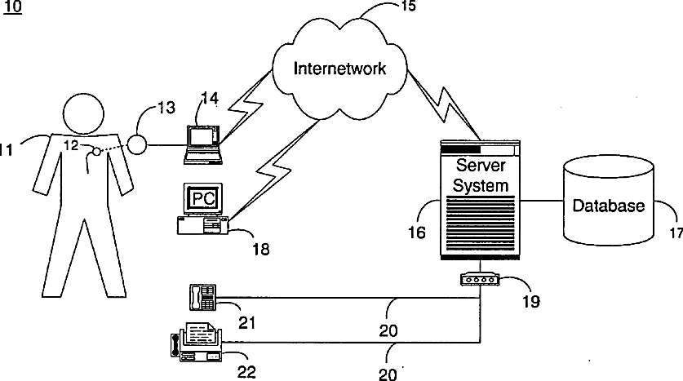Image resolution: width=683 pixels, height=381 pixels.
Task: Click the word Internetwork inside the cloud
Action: point(339,69)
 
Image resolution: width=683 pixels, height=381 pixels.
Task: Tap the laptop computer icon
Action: point(203,144)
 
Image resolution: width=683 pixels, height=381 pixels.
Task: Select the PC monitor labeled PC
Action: point(203,199)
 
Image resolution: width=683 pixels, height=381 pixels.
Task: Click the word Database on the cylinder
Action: point(608,206)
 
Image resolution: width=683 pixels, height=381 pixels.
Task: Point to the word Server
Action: point(481,165)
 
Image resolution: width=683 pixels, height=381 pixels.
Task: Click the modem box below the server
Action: point(480,279)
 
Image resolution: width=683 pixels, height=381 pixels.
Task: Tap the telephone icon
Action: point(203,297)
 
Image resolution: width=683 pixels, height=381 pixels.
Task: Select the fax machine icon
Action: point(197,342)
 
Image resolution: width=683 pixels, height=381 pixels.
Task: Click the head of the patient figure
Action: point(83,113)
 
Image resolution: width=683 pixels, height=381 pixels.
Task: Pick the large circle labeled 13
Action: point(138,144)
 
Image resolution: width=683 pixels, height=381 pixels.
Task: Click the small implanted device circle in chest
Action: point(96,151)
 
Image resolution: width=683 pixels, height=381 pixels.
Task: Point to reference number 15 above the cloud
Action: point(408,6)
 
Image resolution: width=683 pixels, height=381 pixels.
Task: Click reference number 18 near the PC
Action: point(261,249)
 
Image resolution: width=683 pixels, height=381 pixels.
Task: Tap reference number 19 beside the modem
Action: point(531,301)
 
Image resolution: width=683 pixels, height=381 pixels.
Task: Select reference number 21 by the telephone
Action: point(247,322)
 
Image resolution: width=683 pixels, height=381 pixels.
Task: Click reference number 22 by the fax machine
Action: point(246,372)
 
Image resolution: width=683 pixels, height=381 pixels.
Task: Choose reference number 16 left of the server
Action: point(416,232)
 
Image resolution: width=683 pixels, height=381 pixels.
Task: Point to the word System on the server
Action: point(481,185)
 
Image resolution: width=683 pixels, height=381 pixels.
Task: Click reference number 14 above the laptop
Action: point(210,99)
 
